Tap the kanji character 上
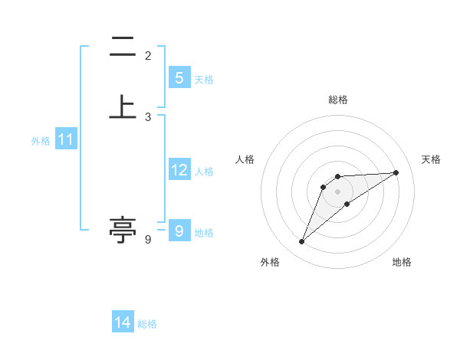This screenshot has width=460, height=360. [x=123, y=106]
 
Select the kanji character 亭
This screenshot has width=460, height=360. [x=123, y=228]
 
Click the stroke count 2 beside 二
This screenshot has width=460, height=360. [x=148, y=56]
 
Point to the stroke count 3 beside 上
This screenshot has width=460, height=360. [x=148, y=116]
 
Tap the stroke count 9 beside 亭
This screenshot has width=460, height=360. [x=148, y=240]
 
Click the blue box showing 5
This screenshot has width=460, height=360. [x=179, y=78]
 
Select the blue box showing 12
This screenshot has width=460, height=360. [x=179, y=171]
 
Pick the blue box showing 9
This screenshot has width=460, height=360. [x=179, y=231]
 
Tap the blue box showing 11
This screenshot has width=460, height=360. [x=65, y=140]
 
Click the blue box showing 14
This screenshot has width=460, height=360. [x=123, y=322]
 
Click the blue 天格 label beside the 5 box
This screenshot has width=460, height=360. [x=204, y=79]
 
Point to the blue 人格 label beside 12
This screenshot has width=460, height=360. [x=204, y=172]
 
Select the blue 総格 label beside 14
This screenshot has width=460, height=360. [x=147, y=323]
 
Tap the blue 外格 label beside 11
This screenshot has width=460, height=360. [x=41, y=141]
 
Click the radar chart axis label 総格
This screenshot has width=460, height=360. [x=337, y=100]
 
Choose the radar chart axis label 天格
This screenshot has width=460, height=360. [x=431, y=159]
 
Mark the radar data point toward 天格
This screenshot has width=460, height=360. [x=396, y=172]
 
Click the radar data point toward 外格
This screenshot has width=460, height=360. [x=301, y=242]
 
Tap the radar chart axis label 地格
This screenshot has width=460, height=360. [x=402, y=263]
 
